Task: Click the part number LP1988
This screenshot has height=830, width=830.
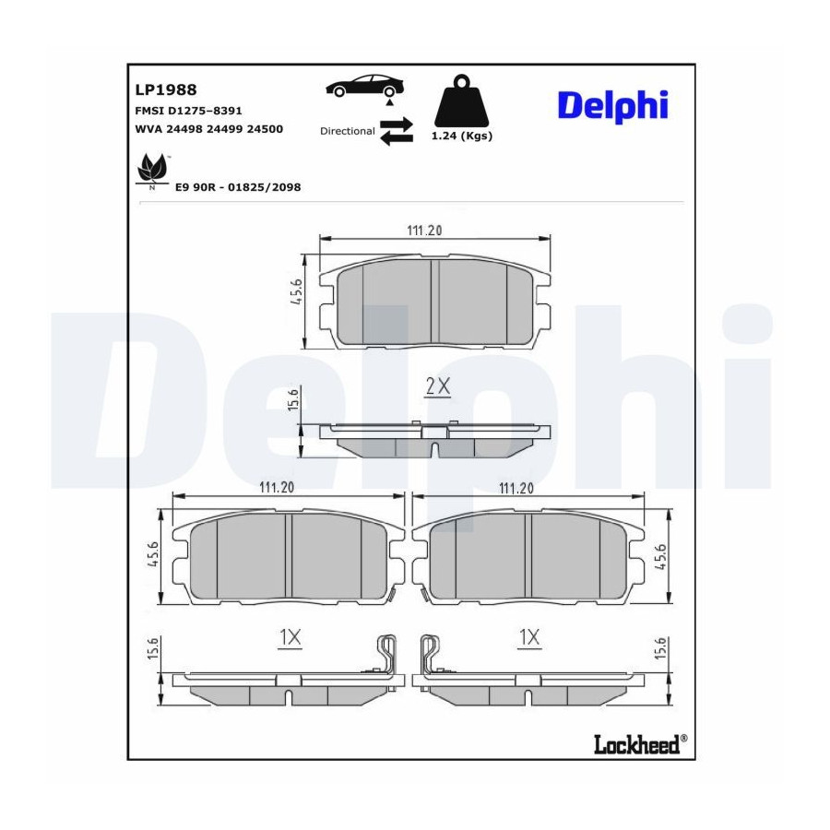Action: pyautogui.click(x=166, y=90)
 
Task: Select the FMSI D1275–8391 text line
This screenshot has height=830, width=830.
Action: pyautogui.click(x=188, y=111)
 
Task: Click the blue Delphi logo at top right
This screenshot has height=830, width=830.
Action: pyautogui.click(x=613, y=106)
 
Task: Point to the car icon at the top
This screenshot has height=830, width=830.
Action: pyautogui.click(x=364, y=85)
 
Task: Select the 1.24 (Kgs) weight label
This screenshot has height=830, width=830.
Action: pyautogui.click(x=462, y=136)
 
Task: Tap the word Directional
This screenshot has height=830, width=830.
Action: pyautogui.click(x=348, y=131)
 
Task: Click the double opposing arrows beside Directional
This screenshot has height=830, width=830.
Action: pyautogui.click(x=397, y=131)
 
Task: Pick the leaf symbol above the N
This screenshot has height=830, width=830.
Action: pyautogui.click(x=152, y=169)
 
